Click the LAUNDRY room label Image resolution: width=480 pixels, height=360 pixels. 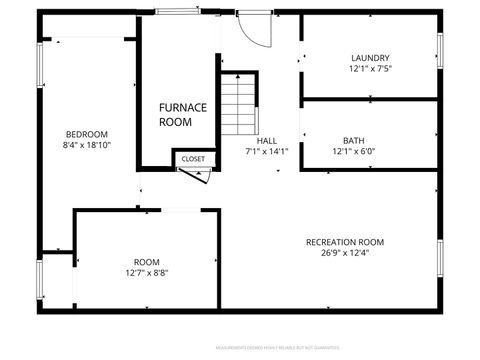(370, 58)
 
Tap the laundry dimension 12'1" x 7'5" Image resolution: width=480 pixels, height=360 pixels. (370, 70)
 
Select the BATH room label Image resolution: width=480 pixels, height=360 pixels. (354, 141)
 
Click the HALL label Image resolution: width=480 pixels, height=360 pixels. (267, 141)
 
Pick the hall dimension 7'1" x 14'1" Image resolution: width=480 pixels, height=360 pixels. (267, 153)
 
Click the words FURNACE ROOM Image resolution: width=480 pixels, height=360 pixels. (182, 114)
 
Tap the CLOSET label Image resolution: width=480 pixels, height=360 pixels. (193, 159)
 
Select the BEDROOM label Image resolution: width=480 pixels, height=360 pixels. (87, 134)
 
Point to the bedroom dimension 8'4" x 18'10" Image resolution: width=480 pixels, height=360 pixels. (87, 146)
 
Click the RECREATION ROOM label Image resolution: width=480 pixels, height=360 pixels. (345, 242)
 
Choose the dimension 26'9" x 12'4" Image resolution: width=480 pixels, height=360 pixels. (345, 254)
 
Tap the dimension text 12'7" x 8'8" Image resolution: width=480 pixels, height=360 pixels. (147, 272)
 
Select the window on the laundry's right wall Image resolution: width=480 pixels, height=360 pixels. (440, 50)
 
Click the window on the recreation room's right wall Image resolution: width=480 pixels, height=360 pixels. (440, 258)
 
